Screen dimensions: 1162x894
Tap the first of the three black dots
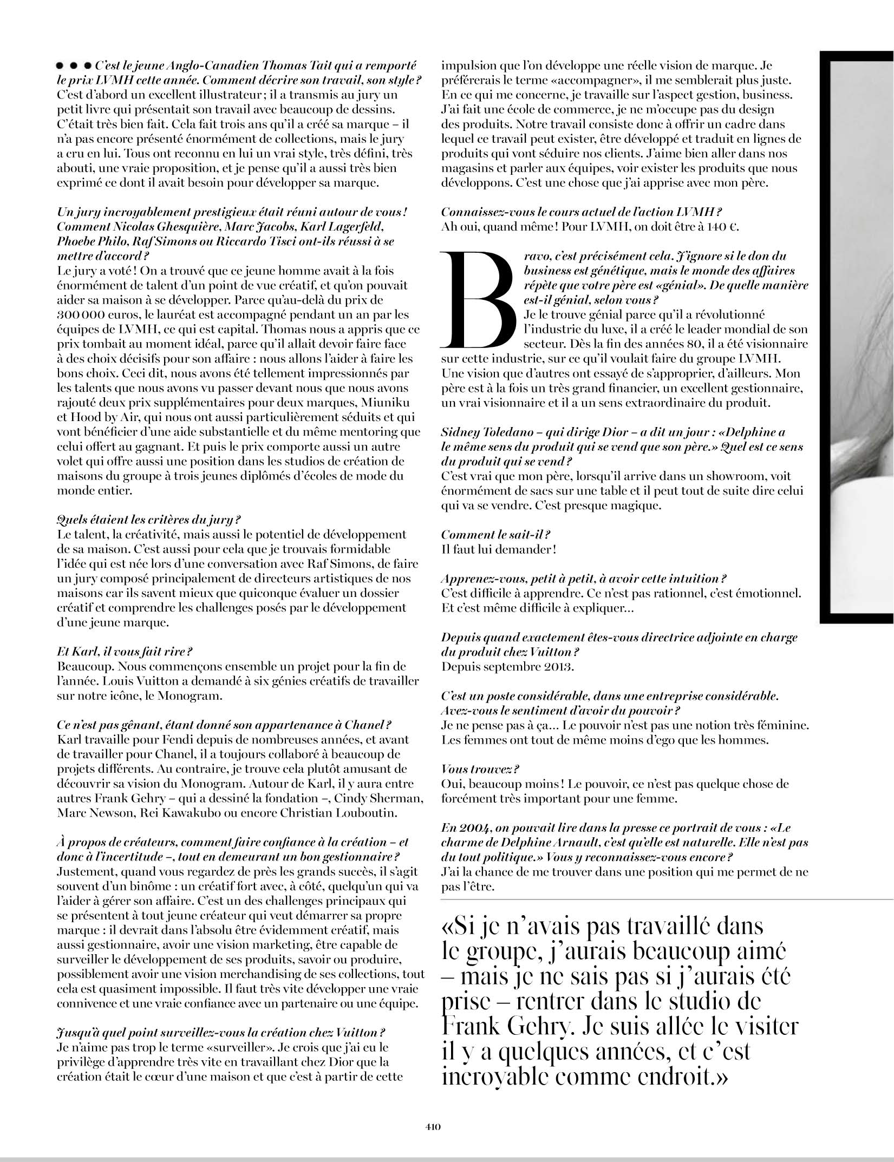click(x=60, y=66)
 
